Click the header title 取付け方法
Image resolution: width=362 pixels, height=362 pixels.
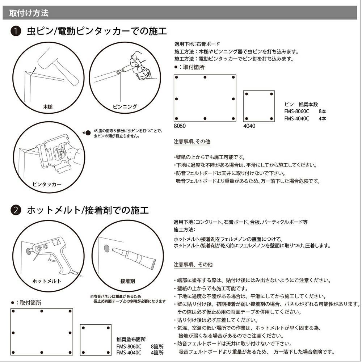(28, 13)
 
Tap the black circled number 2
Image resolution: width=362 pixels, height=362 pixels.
(15, 210)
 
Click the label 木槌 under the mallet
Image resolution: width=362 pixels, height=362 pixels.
(48, 107)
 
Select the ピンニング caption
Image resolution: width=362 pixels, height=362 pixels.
(125, 106)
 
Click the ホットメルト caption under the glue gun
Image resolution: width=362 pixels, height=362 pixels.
(47, 281)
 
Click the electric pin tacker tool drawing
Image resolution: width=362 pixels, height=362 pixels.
(54, 156)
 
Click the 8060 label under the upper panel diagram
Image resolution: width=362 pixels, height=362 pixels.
(180, 126)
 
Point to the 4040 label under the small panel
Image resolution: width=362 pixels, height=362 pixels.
(249, 126)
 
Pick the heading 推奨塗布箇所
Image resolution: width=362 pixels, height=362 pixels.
(131, 340)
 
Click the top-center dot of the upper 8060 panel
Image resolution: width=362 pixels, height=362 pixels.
(205, 77)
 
